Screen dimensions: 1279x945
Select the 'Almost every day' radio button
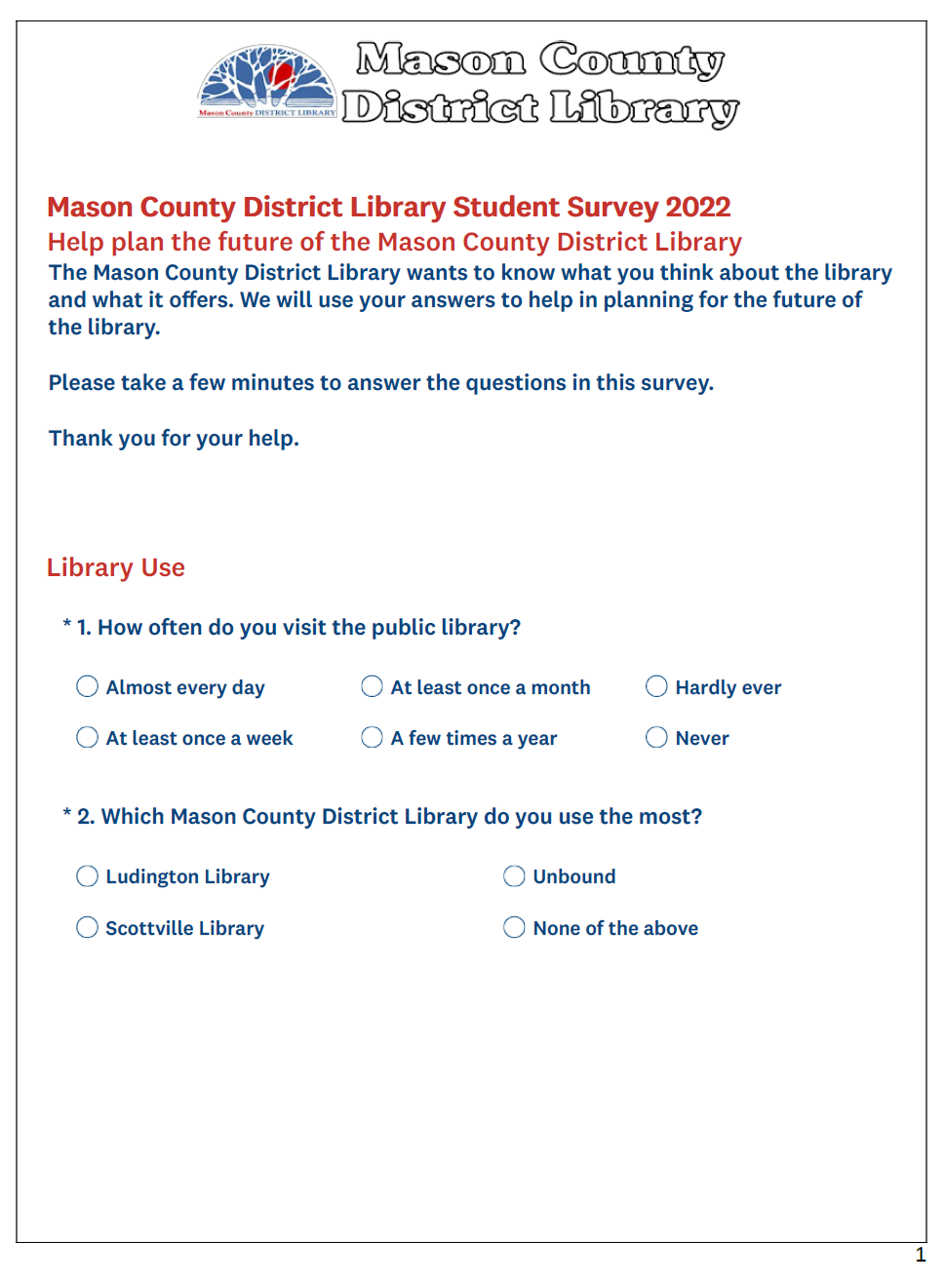tap(88, 687)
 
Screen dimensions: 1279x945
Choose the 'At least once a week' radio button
tap(88, 738)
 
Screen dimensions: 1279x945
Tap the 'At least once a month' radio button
tap(372, 687)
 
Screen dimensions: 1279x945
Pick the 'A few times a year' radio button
tap(372, 738)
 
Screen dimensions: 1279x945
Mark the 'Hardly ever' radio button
tap(656, 687)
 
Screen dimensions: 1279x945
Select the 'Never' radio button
tap(656, 738)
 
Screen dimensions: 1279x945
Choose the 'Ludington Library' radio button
tap(88, 876)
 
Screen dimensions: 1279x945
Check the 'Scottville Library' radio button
tap(88, 928)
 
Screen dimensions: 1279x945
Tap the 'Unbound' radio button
tap(514, 876)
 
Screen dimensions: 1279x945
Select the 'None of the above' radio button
tap(514, 928)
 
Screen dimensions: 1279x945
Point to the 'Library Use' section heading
tap(116, 567)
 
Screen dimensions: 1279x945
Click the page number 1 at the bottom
tap(920, 1256)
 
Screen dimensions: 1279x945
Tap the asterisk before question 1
tap(67, 625)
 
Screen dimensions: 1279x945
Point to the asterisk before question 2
tap(67, 814)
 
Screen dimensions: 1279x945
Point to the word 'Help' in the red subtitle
tap(76, 242)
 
